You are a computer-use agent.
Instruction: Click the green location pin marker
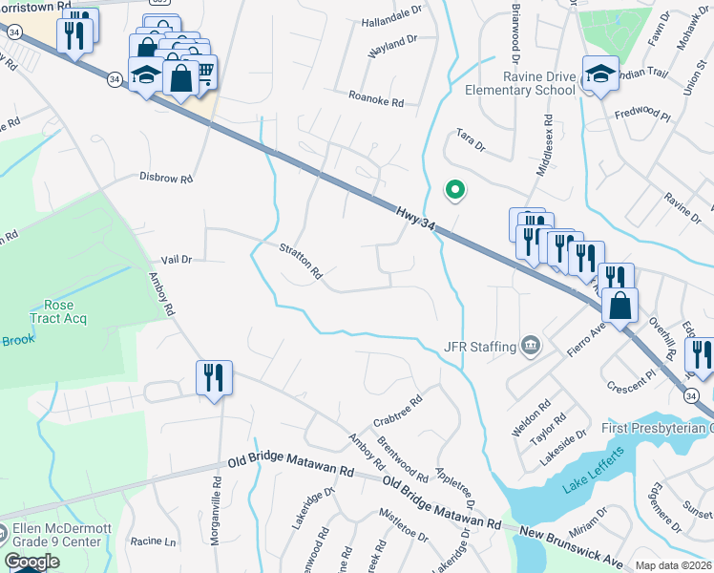click(x=456, y=191)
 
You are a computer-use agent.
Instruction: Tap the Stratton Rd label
click(x=301, y=261)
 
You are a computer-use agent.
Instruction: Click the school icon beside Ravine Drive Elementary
click(x=600, y=74)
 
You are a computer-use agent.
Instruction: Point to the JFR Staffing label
click(x=480, y=346)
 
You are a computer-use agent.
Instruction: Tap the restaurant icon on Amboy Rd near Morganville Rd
click(x=214, y=378)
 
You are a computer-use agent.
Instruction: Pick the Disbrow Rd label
click(x=166, y=178)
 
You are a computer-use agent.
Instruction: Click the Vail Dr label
click(x=177, y=259)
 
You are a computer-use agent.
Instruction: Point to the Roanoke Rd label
click(x=376, y=99)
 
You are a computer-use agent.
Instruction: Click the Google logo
click(x=31, y=562)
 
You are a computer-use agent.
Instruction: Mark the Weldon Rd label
click(x=532, y=419)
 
